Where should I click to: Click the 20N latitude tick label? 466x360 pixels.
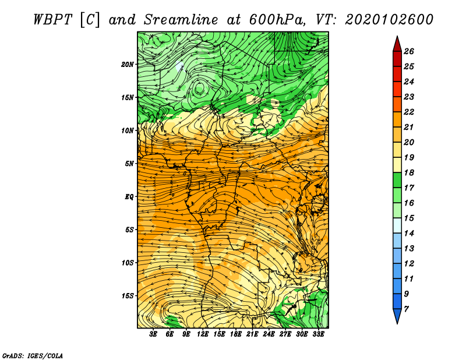pos(128,65)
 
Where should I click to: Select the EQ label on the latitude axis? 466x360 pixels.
pos(129,197)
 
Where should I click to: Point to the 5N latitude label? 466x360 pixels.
pos(129,164)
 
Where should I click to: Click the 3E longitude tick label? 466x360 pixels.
pos(153,334)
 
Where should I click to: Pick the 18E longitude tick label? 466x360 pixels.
pos(236,334)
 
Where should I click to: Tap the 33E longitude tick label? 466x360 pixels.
pos(318,334)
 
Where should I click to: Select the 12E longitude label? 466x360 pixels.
pos(203,334)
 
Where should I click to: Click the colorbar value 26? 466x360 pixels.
pos(409,51)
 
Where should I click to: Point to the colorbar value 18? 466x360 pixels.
pos(409,172)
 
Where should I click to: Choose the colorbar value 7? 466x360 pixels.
pos(406,309)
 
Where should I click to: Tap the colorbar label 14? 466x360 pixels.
pos(409,234)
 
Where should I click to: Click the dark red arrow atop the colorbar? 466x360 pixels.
pos(397,44)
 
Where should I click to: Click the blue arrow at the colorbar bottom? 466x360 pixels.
pos(397,316)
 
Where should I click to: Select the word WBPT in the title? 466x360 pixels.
pos(53,20)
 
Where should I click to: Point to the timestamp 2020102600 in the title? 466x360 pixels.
pos(389,20)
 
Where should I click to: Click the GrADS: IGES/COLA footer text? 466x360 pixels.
pos(33,356)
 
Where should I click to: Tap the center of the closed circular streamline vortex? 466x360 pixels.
pos(199,88)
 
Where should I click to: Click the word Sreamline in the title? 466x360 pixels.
pos(181,20)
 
